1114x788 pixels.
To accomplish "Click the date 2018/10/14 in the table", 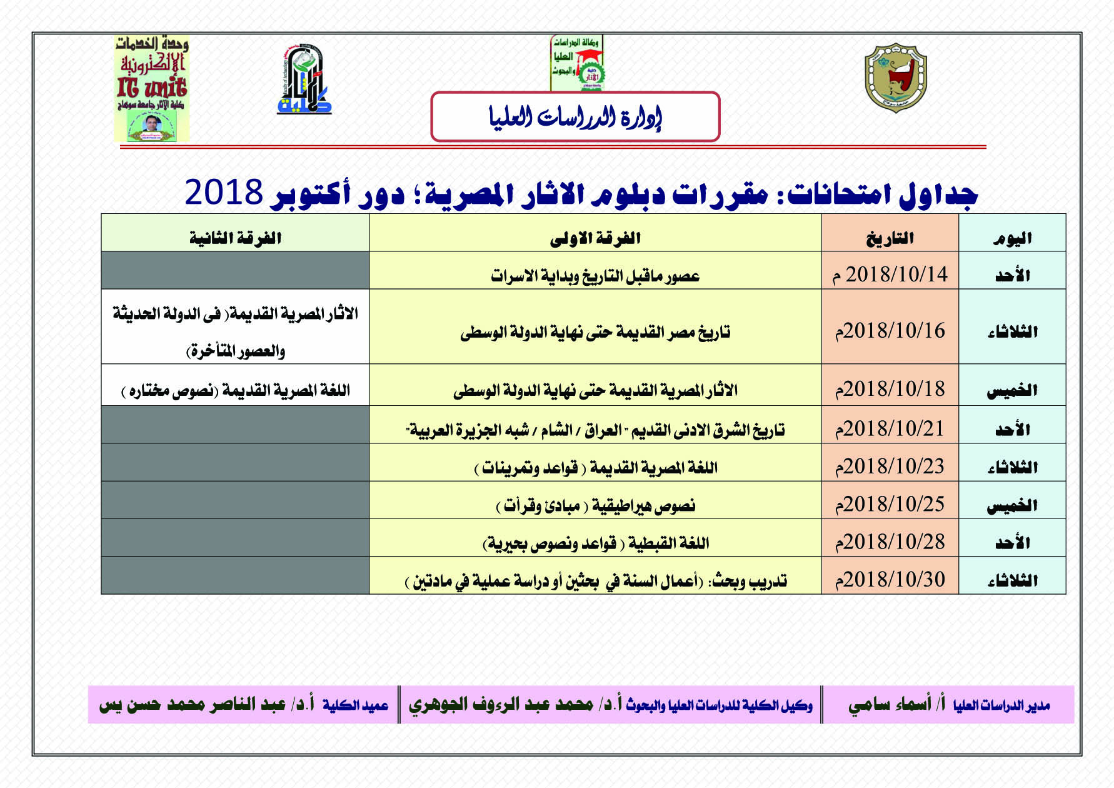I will [x=890, y=275].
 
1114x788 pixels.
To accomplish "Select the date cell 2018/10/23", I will [x=890, y=467].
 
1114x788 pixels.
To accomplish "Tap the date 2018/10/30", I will [x=890, y=580].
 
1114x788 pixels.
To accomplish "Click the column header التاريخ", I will [x=890, y=238].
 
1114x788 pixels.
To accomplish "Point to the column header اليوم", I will [x=1012, y=238].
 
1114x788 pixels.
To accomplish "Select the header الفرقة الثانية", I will [x=236, y=238].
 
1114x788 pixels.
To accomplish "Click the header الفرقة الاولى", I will [x=595, y=238].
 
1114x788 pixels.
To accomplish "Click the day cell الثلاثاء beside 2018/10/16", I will [x=1012, y=331].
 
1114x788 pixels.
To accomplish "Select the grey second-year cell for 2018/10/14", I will [x=236, y=270].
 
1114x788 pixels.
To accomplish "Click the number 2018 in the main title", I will [x=223, y=192].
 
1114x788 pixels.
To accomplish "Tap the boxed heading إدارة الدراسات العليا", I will [x=575, y=117].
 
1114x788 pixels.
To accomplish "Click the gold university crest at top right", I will [x=895, y=78].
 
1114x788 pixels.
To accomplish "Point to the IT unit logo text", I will [x=151, y=88].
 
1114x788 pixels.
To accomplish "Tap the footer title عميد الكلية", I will [x=355, y=705].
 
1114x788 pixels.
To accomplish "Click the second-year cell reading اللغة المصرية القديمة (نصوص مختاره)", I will [x=236, y=391].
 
